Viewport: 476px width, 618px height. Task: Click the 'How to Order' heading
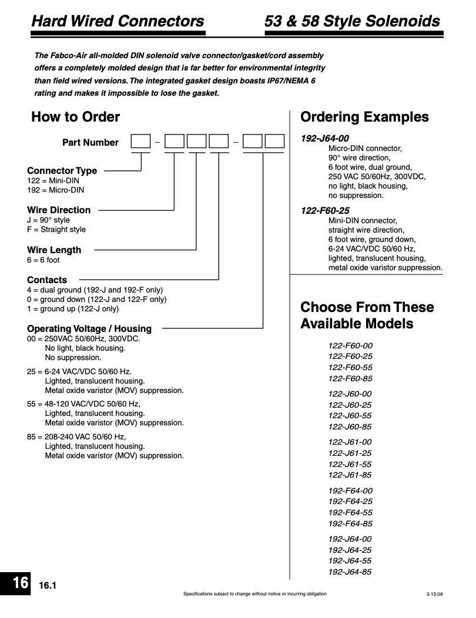(75, 117)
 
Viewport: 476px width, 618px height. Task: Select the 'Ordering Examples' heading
(364, 117)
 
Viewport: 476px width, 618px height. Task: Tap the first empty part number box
(140, 142)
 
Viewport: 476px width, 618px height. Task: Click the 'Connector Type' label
(62, 171)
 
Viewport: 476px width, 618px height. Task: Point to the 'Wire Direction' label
(59, 210)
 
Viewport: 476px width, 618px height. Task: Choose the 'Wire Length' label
(54, 250)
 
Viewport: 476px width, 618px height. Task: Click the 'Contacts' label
(47, 280)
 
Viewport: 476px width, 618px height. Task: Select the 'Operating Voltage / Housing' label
(89, 329)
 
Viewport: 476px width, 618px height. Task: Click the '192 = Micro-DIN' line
(55, 190)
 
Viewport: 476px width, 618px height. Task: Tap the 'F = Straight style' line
(56, 230)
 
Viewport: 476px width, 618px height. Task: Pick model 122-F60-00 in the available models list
(350, 345)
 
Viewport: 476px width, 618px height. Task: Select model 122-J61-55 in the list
(350, 464)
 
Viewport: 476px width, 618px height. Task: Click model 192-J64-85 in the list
(350, 572)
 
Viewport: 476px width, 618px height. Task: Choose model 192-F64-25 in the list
(350, 502)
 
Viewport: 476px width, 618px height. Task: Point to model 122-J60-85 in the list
(350, 426)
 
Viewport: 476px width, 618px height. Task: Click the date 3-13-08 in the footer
(434, 595)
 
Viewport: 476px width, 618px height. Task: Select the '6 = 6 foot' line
(43, 260)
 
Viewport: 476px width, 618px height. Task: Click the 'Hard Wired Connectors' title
(118, 22)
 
